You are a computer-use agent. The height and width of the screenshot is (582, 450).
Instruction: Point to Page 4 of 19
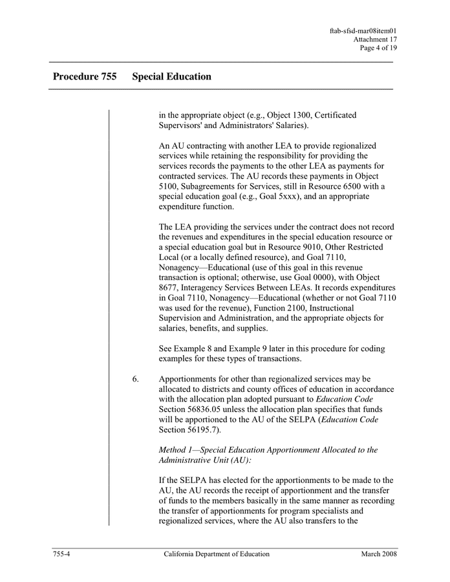coord(379,48)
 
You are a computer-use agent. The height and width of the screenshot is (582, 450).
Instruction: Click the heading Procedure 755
coord(85,76)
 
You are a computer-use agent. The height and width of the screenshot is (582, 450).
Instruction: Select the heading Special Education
coord(171,76)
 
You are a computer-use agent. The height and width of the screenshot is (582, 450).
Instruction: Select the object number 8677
coord(171,288)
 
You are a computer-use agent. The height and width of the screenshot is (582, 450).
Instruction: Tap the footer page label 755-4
coord(61,554)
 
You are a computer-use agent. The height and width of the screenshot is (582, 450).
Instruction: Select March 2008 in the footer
coord(379,554)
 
